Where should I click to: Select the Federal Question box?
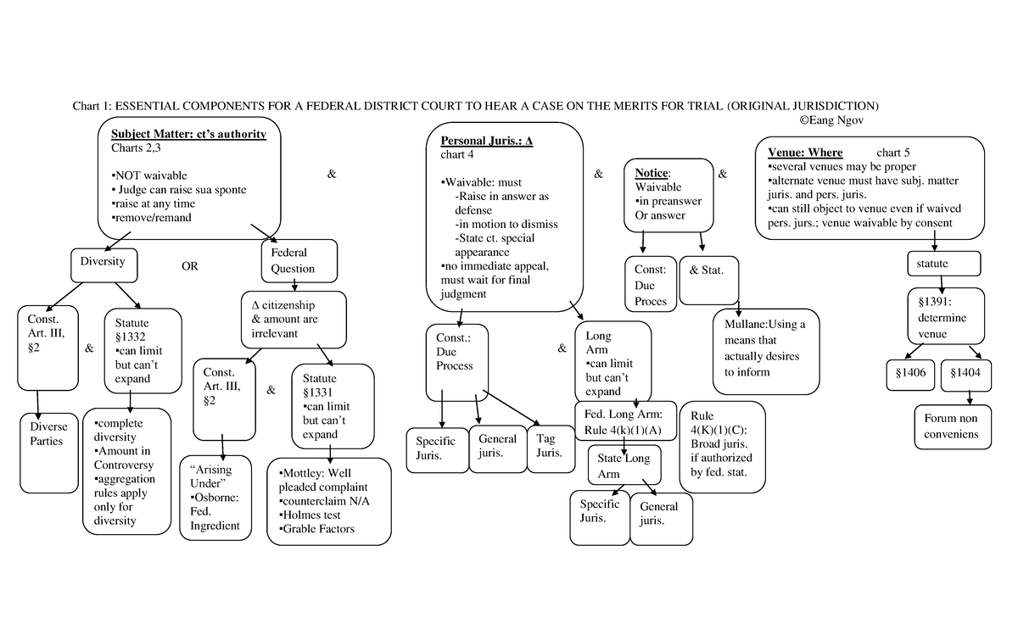point(292,261)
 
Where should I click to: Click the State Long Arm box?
point(624,465)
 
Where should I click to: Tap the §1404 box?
point(965,373)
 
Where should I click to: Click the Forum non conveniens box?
point(952,426)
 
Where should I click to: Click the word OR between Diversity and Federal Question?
point(189,266)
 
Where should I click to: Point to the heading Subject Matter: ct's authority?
point(188,135)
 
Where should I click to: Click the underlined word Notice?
point(652,173)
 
